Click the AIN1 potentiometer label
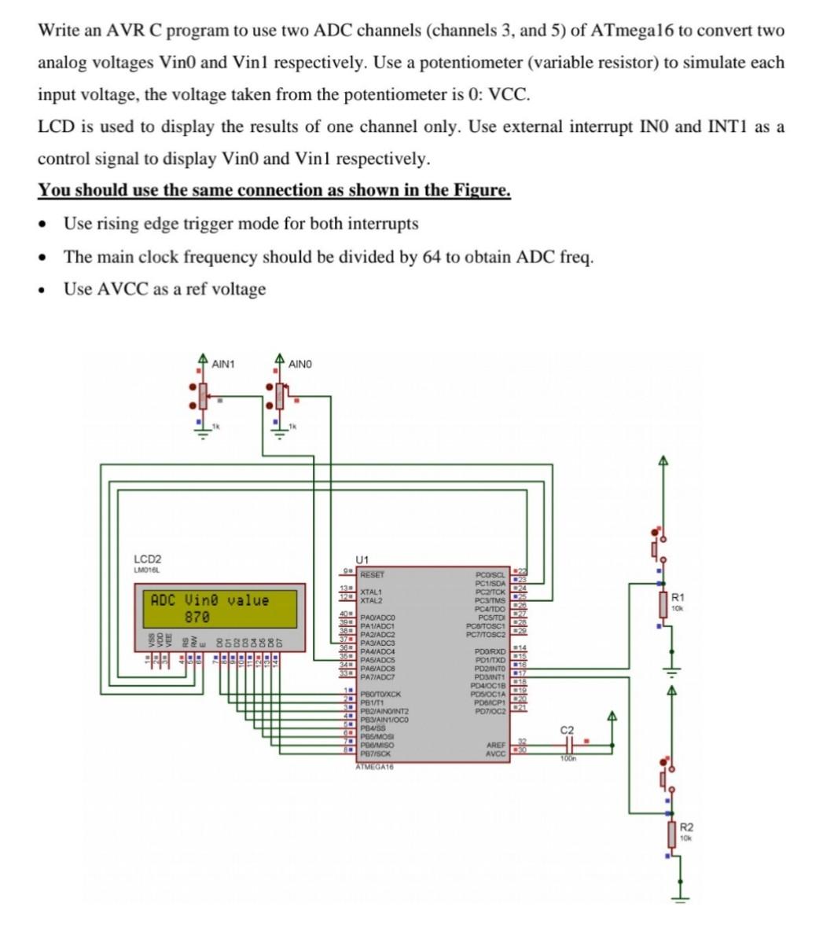(223, 364)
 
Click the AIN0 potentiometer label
(300, 364)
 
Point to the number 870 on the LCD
(197, 618)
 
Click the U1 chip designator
(362, 559)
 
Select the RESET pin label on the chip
(373, 574)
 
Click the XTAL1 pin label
(371, 591)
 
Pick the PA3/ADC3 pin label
(377, 643)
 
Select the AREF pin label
(496, 745)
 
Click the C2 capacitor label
(567, 731)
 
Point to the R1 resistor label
(678, 599)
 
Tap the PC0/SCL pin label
(490, 574)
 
